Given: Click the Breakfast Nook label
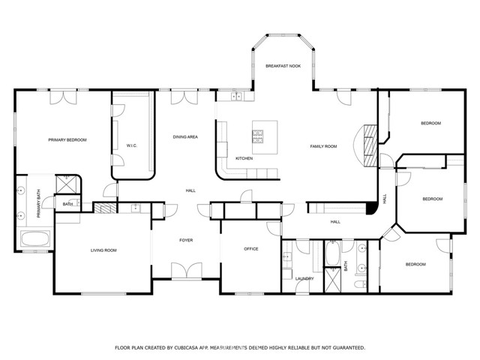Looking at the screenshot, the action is pos(283,66).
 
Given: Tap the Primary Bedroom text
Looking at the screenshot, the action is pos(67,140).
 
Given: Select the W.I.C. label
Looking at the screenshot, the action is pos(132,145).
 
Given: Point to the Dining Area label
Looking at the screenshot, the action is pos(185,136).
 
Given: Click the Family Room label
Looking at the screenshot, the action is pos(323,146).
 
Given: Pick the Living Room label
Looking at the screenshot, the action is pos(103,250).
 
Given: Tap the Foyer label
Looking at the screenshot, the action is pos(186,240).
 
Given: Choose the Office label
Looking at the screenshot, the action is pos(251,249).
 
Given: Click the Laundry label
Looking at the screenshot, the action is pos(304,278).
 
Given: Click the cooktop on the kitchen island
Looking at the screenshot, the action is pos(257,136).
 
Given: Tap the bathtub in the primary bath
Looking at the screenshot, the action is pos(35,238).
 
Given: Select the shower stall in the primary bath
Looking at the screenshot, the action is pos(67,184).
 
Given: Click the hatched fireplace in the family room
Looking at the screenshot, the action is pos(370,145).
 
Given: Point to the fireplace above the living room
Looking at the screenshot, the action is pos(105,208).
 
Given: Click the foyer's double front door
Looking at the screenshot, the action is pos(187,271).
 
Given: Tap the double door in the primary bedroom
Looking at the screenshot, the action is pos(63,97).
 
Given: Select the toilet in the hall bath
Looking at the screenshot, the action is pos(361,284).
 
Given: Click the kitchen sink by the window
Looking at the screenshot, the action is pos(236,96).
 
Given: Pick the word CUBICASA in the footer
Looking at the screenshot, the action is pos(187,348).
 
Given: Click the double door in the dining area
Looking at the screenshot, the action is pos(184,97).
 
